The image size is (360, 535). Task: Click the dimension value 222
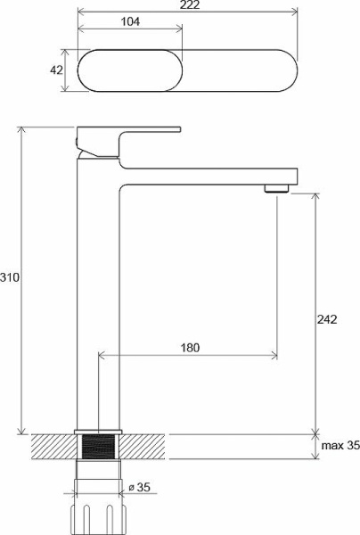click(x=187, y=6)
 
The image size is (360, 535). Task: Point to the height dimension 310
click(x=10, y=278)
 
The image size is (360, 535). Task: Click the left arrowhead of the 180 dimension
click(x=101, y=355)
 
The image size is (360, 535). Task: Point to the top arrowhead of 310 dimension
click(x=24, y=129)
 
